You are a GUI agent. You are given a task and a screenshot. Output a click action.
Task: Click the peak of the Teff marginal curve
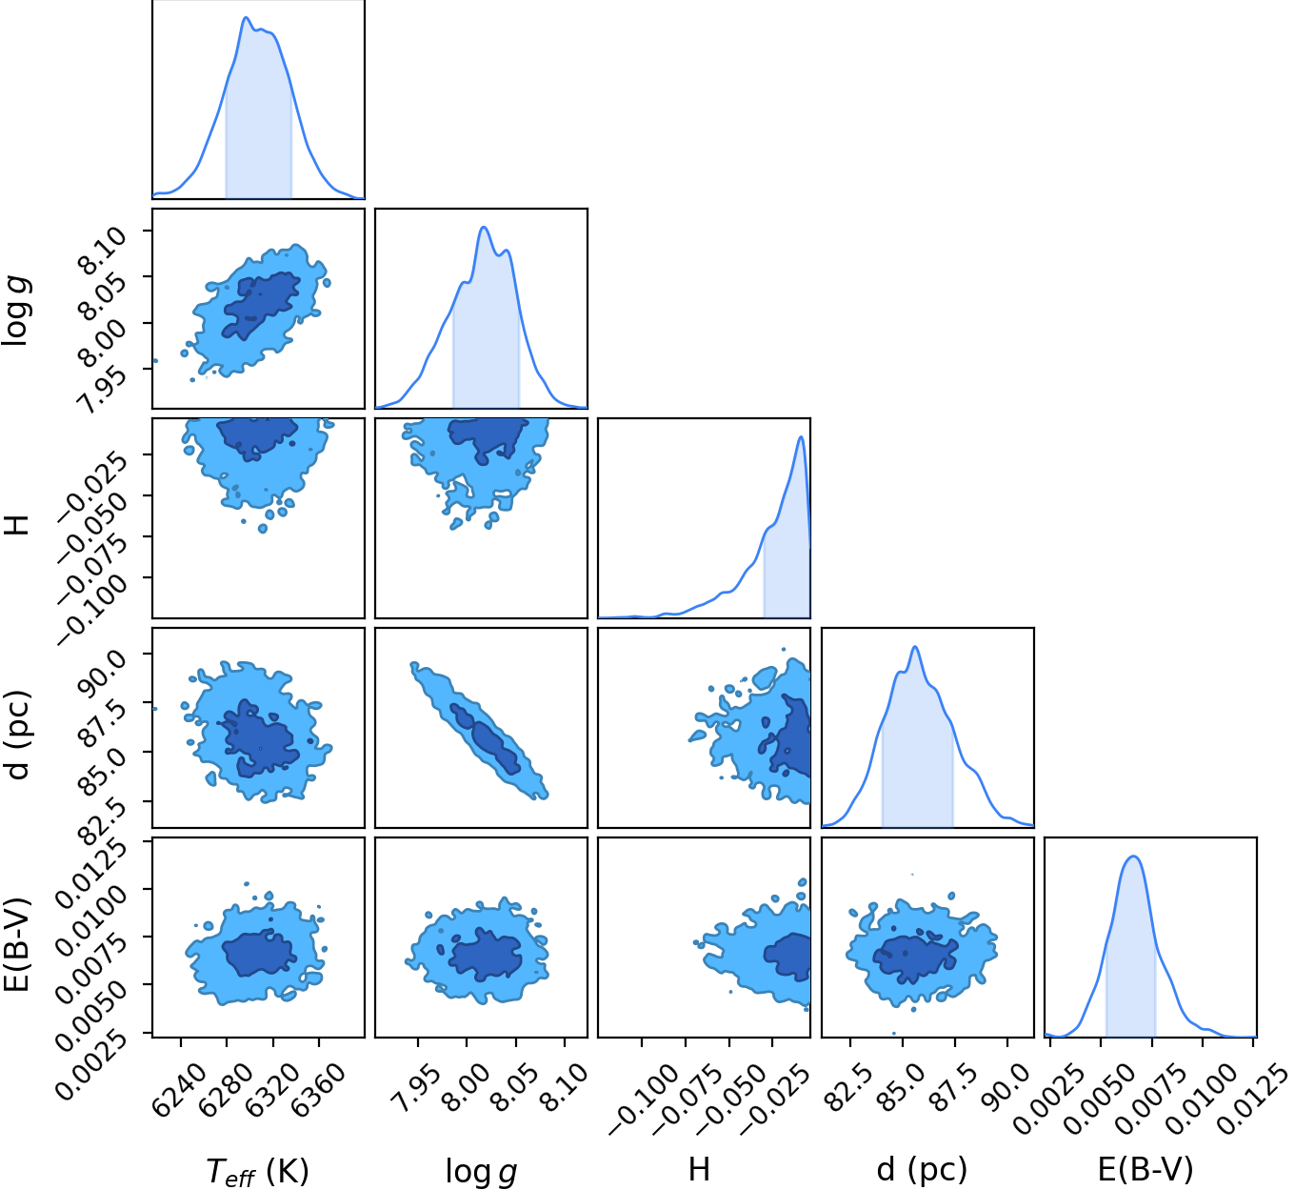pyautogui.click(x=246, y=17)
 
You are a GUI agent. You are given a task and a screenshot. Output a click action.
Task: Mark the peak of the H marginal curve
pyautogui.click(x=801, y=436)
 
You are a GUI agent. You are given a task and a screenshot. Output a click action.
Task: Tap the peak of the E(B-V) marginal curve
pyautogui.click(x=1133, y=857)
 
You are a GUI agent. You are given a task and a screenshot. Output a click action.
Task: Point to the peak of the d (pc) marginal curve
pyautogui.click(x=915, y=647)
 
